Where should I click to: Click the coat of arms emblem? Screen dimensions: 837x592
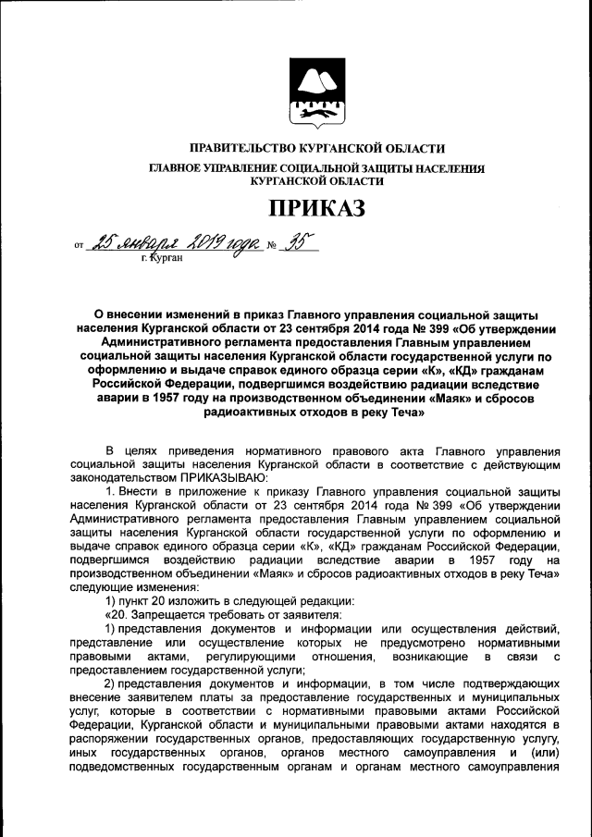[x=316, y=92]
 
